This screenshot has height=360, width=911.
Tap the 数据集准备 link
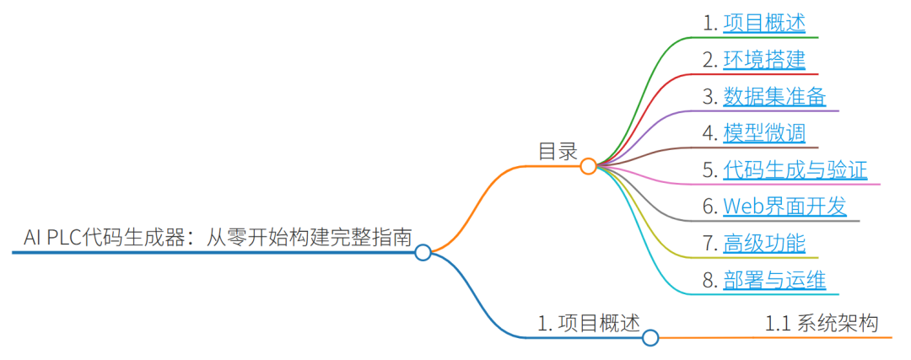(774, 96)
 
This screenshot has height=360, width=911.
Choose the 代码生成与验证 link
(795, 169)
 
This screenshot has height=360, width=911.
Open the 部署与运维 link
(774, 280)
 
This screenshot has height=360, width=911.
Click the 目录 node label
(558, 152)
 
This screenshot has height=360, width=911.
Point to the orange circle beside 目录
(589, 166)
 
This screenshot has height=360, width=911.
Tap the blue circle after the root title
(423, 251)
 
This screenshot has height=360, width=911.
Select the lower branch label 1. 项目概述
(589, 323)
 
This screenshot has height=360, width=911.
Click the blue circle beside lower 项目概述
(650, 338)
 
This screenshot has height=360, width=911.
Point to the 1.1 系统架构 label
(822, 323)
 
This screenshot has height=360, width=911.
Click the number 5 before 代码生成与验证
(709, 170)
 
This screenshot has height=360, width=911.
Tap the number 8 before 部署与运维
(709, 281)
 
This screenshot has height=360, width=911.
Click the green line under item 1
(759, 37)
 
